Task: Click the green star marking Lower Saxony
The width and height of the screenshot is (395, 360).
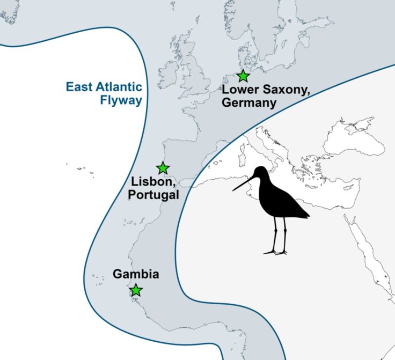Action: [x=243, y=76]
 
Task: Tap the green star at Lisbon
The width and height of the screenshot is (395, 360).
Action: [x=163, y=168]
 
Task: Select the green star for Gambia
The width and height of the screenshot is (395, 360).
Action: [x=136, y=290]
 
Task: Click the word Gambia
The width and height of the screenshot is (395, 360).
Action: [x=136, y=274]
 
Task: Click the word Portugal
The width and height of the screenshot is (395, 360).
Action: [x=154, y=195]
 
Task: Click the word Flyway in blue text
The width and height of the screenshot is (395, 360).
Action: [x=121, y=99]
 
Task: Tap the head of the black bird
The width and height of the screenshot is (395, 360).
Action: [x=260, y=173]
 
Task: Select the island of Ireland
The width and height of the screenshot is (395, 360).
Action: [x=167, y=71]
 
